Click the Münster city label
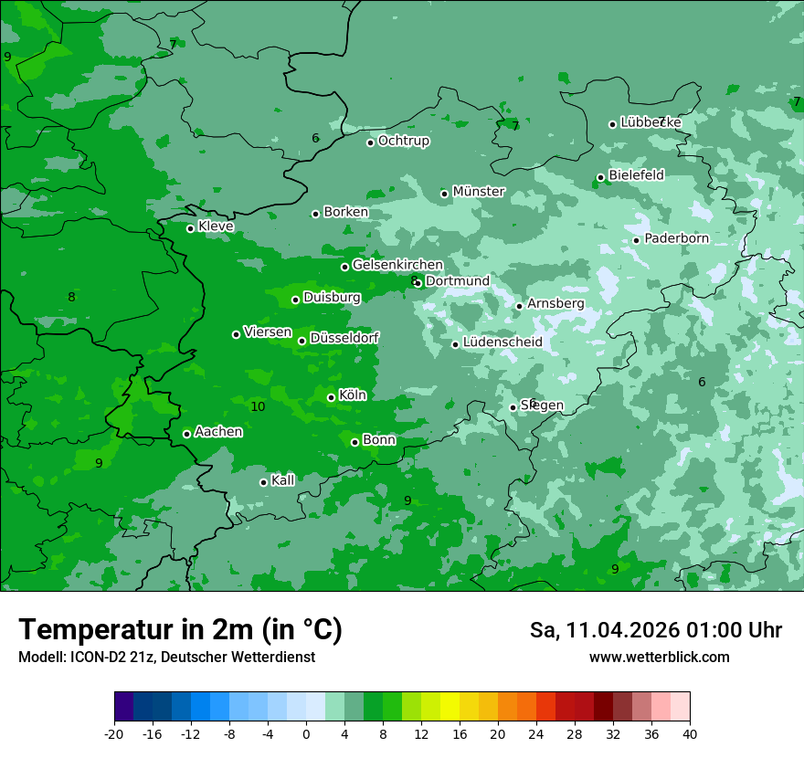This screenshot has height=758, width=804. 479,192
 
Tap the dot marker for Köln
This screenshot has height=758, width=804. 331,397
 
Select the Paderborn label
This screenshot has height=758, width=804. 676,239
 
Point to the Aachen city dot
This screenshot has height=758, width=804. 186,434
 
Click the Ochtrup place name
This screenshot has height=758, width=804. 404,142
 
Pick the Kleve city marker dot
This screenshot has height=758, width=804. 190,228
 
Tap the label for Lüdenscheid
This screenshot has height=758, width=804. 503,342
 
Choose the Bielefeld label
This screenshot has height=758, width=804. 636,175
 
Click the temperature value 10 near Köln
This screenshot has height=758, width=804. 258,406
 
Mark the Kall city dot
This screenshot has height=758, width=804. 263,482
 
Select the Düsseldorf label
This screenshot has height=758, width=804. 344,338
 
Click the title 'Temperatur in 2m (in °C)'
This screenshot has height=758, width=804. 180,629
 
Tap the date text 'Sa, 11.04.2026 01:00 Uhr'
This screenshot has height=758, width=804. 655,630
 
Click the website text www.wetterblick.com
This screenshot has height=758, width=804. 659,658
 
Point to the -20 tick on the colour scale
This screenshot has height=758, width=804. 114,733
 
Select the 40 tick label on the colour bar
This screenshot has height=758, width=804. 689,733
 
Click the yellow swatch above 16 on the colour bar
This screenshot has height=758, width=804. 450,707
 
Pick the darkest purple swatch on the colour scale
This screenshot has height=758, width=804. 123,707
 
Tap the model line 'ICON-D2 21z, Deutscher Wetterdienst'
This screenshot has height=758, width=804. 166,658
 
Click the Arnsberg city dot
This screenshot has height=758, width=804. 519,306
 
